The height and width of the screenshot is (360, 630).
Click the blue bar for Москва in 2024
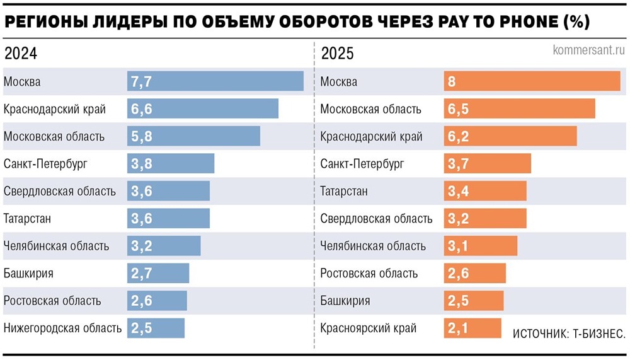(215, 81)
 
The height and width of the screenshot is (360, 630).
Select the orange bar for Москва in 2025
(532, 81)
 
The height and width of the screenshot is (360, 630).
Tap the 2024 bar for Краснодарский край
(203, 108)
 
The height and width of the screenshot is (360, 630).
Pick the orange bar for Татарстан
(485, 191)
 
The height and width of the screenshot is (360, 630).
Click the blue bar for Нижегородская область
(156, 328)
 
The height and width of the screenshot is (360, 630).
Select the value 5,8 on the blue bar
(142, 136)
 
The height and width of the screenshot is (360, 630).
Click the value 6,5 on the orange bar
(458, 108)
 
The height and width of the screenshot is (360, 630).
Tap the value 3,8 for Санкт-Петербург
(142, 163)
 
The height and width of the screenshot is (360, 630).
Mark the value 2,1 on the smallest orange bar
(458, 328)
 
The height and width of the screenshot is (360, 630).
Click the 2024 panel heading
(20, 54)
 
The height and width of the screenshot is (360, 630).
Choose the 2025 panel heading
(337, 54)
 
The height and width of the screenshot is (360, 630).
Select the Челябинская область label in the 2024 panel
(56, 246)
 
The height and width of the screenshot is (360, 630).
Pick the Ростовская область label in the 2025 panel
(369, 273)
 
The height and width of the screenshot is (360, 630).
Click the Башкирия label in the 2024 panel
(28, 273)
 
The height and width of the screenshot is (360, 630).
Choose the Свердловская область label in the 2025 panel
(376, 219)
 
